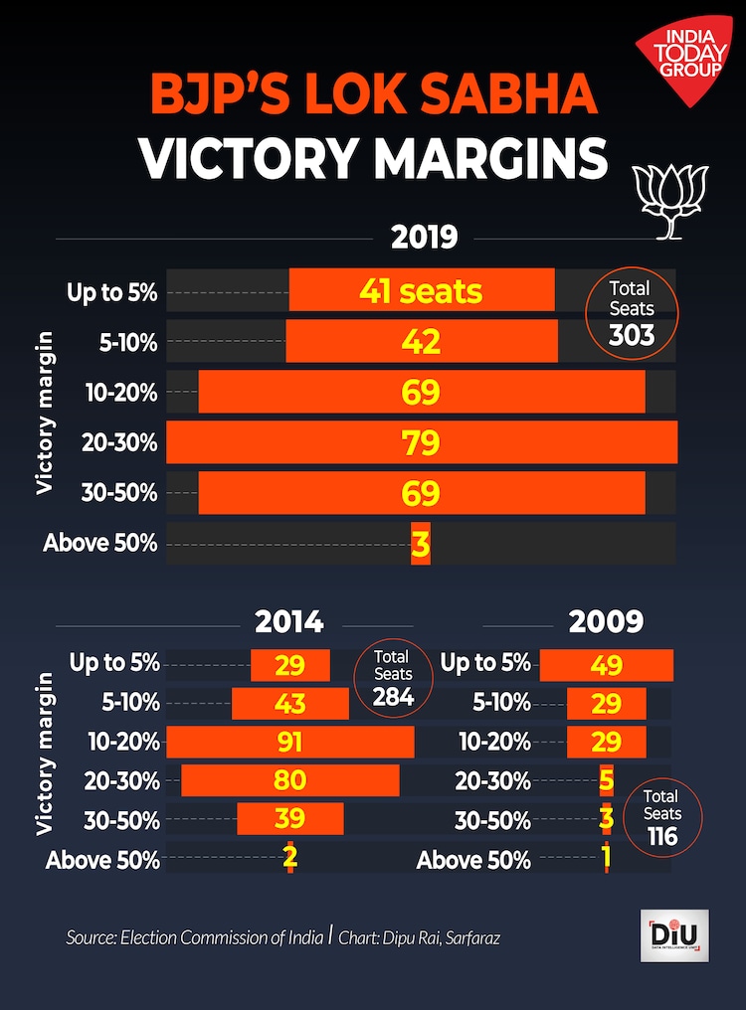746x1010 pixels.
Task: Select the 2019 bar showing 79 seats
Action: [422, 442]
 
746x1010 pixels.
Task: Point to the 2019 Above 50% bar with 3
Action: [421, 544]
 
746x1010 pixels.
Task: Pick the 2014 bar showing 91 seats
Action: [289, 742]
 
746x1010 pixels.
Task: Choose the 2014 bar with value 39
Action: [289, 818]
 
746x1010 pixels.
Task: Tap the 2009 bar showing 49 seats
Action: [607, 665]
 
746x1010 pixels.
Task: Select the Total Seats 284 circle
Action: [393, 678]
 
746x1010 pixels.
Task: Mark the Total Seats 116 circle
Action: [661, 817]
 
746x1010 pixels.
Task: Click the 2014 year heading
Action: [289, 622]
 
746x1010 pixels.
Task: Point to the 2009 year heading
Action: [606, 622]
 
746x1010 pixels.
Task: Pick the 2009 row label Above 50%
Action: [473, 859]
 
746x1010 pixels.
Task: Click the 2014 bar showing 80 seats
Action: [289, 780]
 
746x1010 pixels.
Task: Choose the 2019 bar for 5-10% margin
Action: [422, 341]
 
